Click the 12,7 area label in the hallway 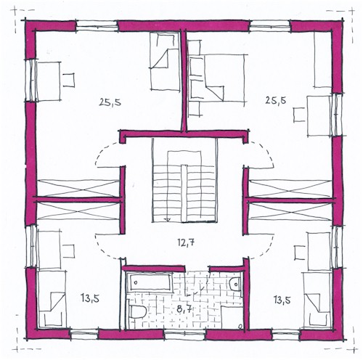pyautogui.click(x=186, y=242)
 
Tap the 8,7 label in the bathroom pyautogui.click(x=184, y=309)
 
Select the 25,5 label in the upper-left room pyautogui.click(x=110, y=102)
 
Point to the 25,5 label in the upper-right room pyautogui.click(x=276, y=100)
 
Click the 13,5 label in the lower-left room pyautogui.click(x=90, y=298)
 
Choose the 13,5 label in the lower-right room pyautogui.click(x=282, y=300)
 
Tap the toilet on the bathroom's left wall pyautogui.click(x=136, y=312)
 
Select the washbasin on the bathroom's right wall pyautogui.click(x=235, y=284)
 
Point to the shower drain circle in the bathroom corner pyautogui.click(x=240, y=327)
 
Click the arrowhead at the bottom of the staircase pyautogui.click(x=167, y=220)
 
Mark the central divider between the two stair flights pyautogui.click(x=184, y=194)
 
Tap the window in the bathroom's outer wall pyautogui.click(x=185, y=335)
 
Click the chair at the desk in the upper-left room pyautogui.click(x=69, y=80)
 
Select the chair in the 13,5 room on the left pyautogui.click(x=68, y=251)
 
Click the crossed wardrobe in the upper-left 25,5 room pyautogui.click(x=78, y=188)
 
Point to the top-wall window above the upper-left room pyautogui.click(x=97, y=26)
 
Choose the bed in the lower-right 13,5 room pyautogui.click(x=317, y=300)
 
